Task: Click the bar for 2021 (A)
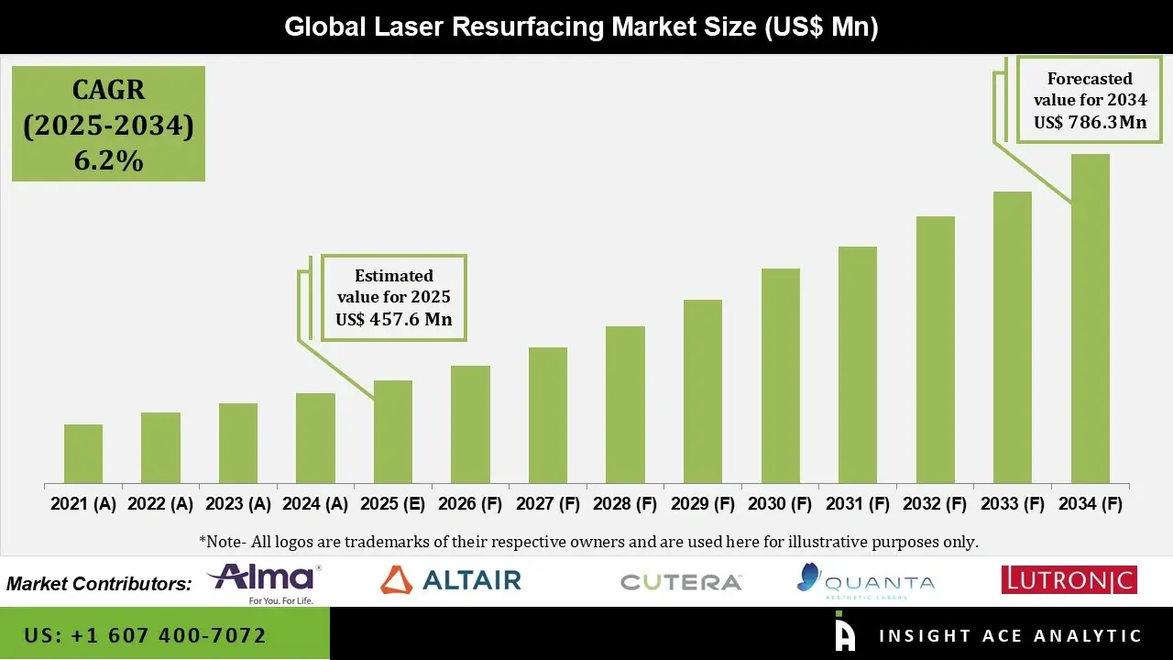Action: tap(83, 454)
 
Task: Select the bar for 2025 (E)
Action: tap(393, 432)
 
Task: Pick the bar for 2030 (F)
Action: tap(781, 376)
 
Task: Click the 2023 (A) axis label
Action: tap(237, 504)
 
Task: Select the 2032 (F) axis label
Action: tap(936, 504)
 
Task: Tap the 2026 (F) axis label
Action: tap(470, 504)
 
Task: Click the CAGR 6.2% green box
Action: tap(108, 124)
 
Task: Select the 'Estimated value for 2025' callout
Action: tap(394, 298)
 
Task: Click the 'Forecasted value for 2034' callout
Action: tap(1090, 100)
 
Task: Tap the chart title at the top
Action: tap(581, 27)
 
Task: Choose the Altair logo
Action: tap(451, 579)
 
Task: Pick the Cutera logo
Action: tap(681, 582)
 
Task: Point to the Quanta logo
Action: tap(866, 580)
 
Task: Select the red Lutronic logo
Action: tap(1069, 579)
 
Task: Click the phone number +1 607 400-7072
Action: tap(146, 635)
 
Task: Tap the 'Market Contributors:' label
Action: tap(99, 584)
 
